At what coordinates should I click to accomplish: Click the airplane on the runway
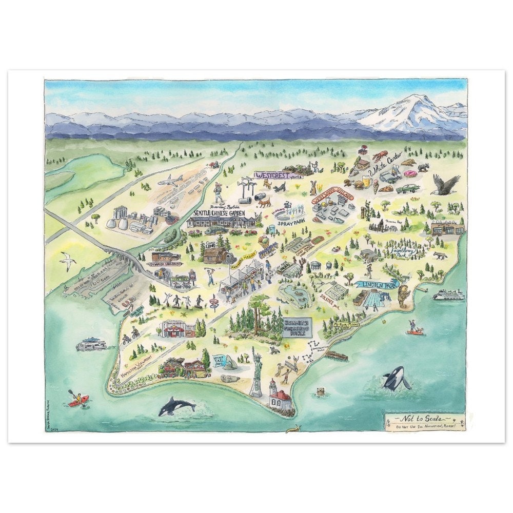[x=171, y=181]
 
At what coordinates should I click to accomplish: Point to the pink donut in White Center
[x=410, y=174]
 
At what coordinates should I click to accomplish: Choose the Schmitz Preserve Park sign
[x=297, y=327]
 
